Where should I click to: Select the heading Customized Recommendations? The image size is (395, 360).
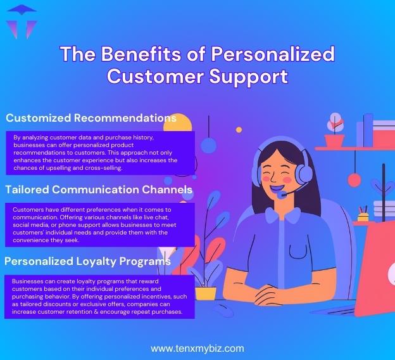[x=91, y=119]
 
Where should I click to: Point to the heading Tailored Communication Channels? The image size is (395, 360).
[x=99, y=190]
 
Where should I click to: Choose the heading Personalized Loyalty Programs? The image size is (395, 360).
[x=88, y=260]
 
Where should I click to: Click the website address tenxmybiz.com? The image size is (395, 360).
[x=197, y=349]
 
